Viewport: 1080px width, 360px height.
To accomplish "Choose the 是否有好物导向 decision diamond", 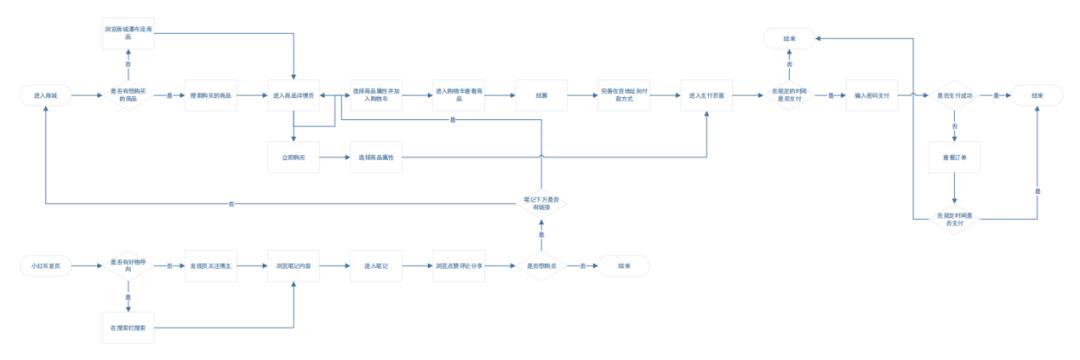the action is (127, 266).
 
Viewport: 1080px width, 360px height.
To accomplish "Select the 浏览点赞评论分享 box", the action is (459, 266).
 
